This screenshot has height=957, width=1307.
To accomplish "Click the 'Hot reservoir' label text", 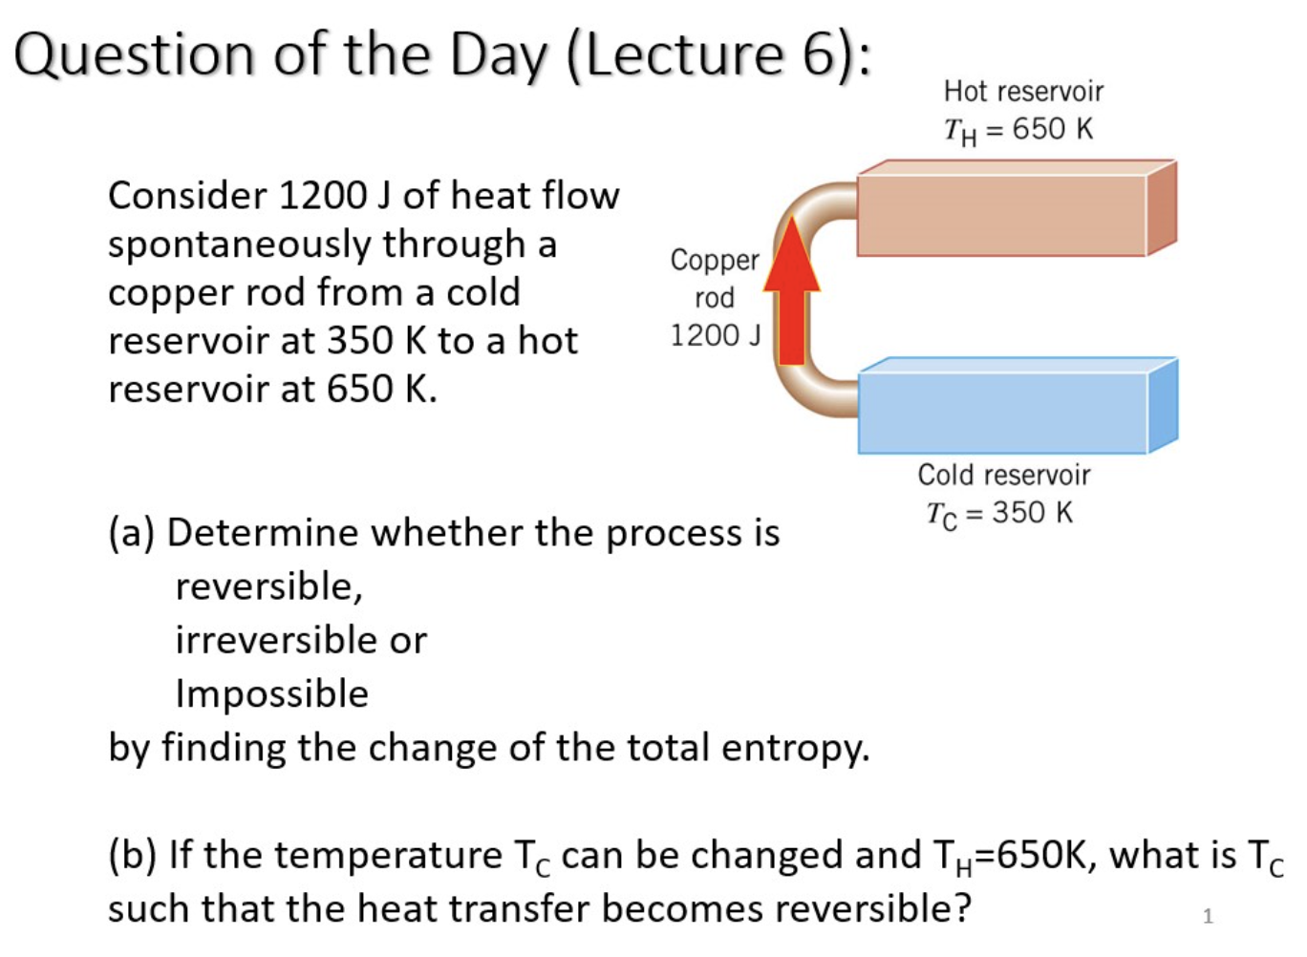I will coord(1023,92).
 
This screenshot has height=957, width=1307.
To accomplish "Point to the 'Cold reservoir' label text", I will coord(1003,475).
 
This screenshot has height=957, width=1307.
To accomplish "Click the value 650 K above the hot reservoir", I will coord(1052,129).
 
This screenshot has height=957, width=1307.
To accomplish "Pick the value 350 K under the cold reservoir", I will coord(1032,513).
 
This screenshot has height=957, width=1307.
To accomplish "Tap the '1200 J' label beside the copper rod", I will coord(715,335).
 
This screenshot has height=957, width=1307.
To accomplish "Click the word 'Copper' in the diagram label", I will coord(715,260).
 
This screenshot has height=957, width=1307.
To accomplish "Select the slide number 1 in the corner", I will coord(1208,916).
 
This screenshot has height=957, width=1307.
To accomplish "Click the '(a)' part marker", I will coord(132,533).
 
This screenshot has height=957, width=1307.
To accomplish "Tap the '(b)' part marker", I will coord(133,855).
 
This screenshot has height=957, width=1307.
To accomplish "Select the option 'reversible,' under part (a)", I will coord(269,586).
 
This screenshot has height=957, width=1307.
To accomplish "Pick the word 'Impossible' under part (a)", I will coord(272,693).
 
